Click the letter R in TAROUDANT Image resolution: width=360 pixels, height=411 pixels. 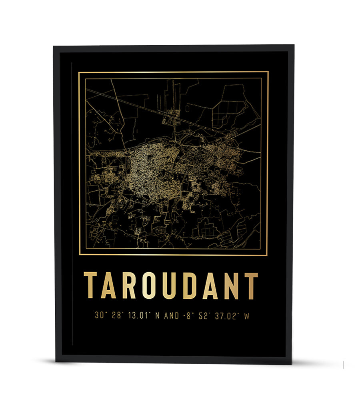129,285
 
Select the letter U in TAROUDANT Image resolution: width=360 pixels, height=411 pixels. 171,285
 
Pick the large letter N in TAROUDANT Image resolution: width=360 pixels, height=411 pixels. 231,285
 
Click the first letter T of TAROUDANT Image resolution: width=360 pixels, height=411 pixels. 90,285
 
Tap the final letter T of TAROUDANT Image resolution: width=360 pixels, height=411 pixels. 251,285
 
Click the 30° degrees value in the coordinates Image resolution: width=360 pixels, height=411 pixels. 100,315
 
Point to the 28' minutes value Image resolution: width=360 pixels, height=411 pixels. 117,315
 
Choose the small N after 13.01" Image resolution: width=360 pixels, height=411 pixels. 157,315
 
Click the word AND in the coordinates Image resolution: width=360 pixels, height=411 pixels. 172,315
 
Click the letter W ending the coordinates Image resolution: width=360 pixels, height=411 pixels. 246,315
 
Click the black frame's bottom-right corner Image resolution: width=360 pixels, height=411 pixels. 291,363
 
